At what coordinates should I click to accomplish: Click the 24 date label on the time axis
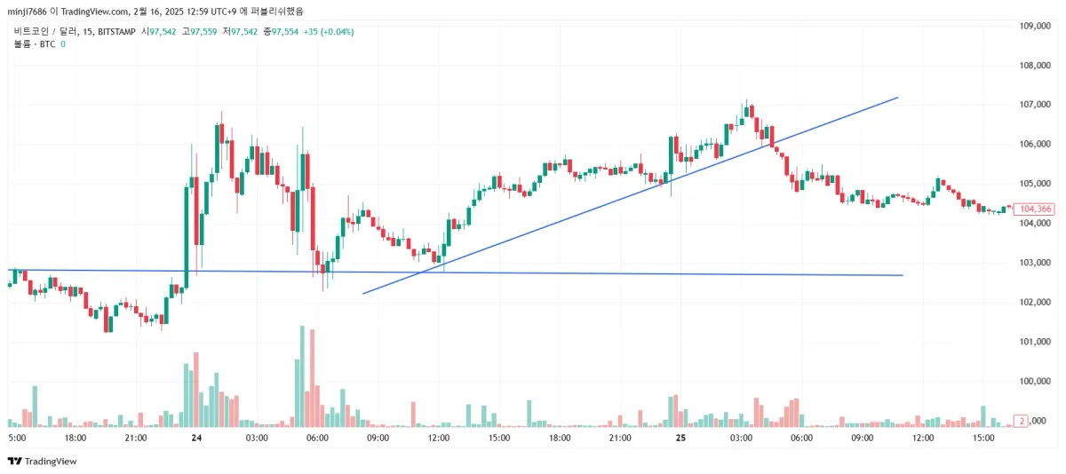[x=195, y=438]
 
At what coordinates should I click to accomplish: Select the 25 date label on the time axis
[x=680, y=438]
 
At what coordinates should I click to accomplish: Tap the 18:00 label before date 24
[x=75, y=438]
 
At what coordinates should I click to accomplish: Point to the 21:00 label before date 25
[x=619, y=438]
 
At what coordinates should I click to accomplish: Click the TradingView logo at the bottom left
[x=42, y=462]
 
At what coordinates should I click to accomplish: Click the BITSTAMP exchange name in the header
[x=115, y=32]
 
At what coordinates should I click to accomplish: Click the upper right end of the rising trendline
[x=897, y=98]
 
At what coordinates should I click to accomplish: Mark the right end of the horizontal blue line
[x=902, y=275]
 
